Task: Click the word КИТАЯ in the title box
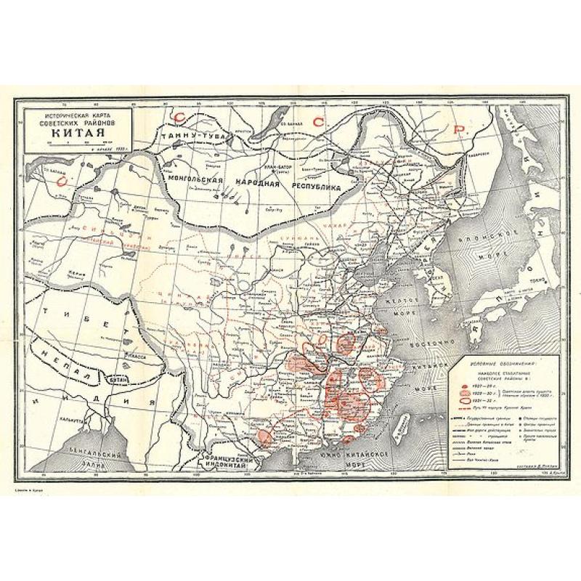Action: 77,133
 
